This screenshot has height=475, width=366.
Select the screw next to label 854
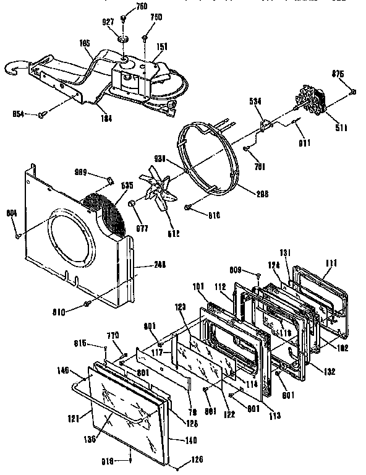pyautogui.click(x=42, y=114)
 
